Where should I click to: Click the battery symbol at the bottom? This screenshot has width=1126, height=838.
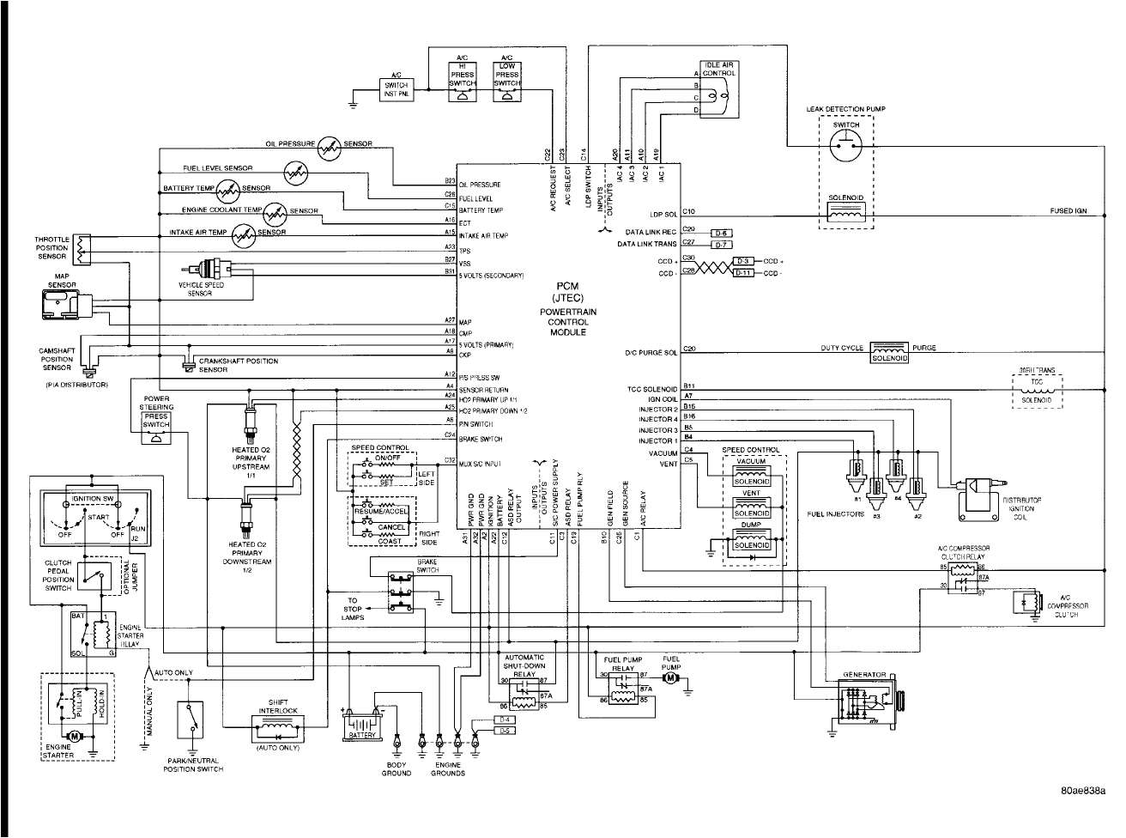[x=363, y=727]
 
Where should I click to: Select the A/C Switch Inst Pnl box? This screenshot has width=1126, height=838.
[x=397, y=89]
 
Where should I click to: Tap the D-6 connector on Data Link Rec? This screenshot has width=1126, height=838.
[x=721, y=234]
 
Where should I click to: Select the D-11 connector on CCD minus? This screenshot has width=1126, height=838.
[x=746, y=273]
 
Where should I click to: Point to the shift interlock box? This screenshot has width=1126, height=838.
[x=276, y=728]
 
